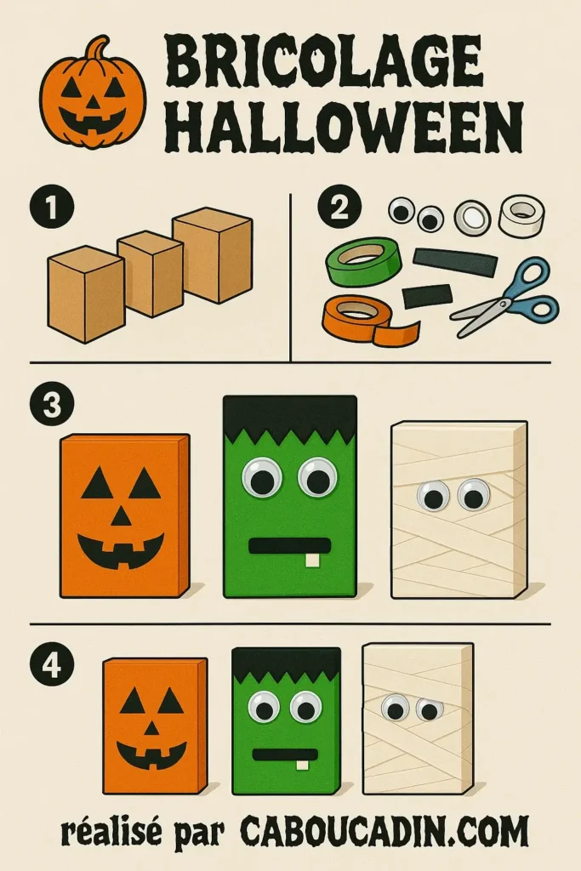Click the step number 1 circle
click(52, 208)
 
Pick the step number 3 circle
click(52, 405)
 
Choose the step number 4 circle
click(52, 664)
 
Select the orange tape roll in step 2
click(361, 316)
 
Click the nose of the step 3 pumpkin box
click(122, 516)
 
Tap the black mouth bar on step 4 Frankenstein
click(286, 754)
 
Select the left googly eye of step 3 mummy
click(432, 496)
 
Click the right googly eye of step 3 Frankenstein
click(317, 478)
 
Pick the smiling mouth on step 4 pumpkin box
click(151, 754)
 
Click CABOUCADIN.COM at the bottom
click(384, 830)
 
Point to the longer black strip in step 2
click(455, 261)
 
